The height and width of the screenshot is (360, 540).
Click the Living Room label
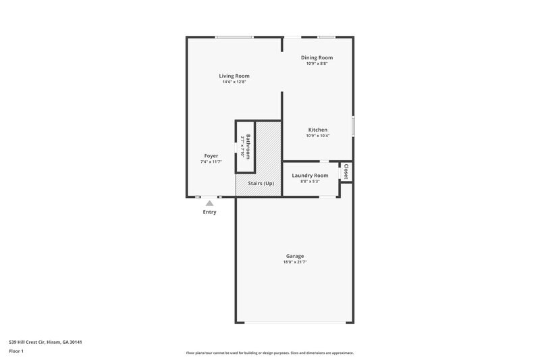click(234, 76)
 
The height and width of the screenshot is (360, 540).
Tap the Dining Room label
click(317, 57)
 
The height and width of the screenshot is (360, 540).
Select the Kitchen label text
click(318, 130)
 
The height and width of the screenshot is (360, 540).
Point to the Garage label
click(294, 256)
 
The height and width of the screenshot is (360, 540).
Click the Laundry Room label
click(310, 176)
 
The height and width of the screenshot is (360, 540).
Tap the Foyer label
click(211, 156)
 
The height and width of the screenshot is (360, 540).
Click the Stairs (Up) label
click(260, 184)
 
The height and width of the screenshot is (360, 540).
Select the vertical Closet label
click(346, 172)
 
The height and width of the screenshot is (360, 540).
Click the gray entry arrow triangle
click(210, 203)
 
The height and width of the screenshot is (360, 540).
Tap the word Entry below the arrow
click(210, 212)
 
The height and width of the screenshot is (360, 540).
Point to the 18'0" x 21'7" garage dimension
click(294, 262)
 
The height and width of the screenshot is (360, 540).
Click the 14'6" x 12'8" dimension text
click(234, 82)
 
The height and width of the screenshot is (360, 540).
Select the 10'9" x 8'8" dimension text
click(317, 63)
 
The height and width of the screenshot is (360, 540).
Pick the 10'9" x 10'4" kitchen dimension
click(318, 136)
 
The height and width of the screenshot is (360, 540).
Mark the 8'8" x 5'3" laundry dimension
click(310, 181)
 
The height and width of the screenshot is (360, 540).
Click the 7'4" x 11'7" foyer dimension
click(211, 162)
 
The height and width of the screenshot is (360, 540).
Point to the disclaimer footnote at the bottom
click(270, 353)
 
